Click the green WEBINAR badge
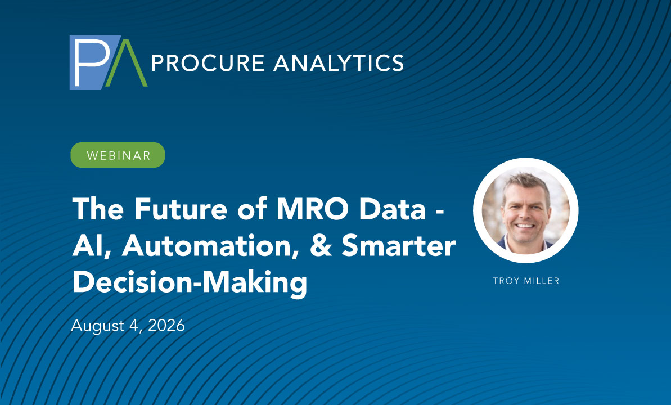(x=118, y=155)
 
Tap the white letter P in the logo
(x=91, y=62)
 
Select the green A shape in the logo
(x=127, y=64)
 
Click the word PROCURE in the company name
(x=208, y=63)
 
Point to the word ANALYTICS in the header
(x=339, y=63)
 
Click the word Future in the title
(x=180, y=209)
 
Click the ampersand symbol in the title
(x=321, y=246)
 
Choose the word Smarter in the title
(x=398, y=246)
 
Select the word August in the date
(x=97, y=326)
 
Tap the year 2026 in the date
(x=166, y=325)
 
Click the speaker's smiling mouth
(x=525, y=226)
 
